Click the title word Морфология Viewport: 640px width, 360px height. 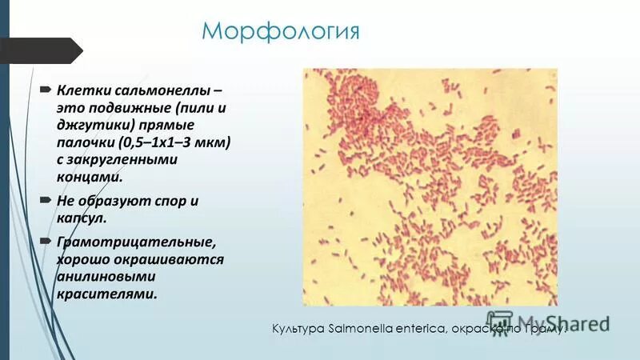[x=280, y=32]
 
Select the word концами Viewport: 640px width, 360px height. [x=90, y=179]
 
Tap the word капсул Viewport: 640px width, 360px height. [x=81, y=218]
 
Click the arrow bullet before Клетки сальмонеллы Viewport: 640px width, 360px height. [x=46, y=86]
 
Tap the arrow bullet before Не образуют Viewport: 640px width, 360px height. [x=46, y=200]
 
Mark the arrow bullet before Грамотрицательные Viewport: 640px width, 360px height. [x=46, y=241]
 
